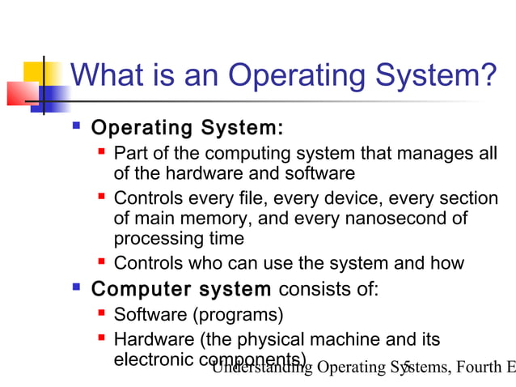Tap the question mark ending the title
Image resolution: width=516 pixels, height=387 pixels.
point(488,76)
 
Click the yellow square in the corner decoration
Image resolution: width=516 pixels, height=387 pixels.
point(36,70)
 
